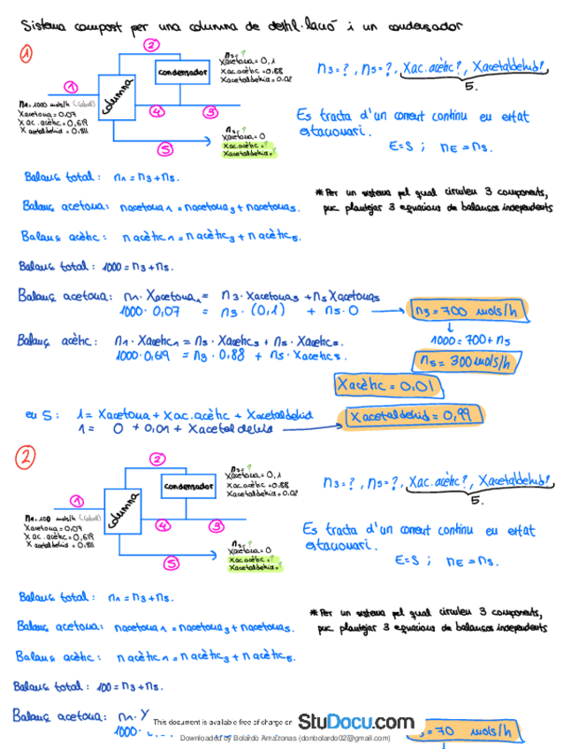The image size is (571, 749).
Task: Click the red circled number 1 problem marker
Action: point(28,55)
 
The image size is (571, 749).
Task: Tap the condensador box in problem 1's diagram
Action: point(182,71)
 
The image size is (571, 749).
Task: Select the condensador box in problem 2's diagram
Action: point(188,487)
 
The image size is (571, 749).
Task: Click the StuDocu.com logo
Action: point(355,722)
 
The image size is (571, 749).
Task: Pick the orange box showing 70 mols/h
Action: point(474,730)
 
